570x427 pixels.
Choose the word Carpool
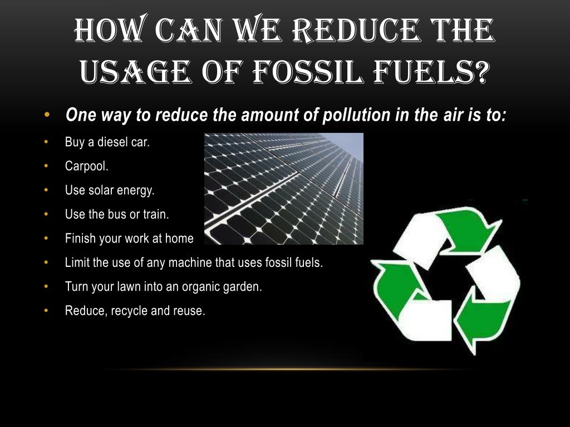(x=87, y=166)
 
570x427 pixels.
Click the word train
(x=156, y=214)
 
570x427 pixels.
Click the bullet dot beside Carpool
(x=47, y=166)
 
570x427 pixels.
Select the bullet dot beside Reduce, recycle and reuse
(x=47, y=311)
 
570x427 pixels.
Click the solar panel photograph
(x=284, y=188)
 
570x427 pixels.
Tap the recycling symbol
(x=445, y=278)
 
